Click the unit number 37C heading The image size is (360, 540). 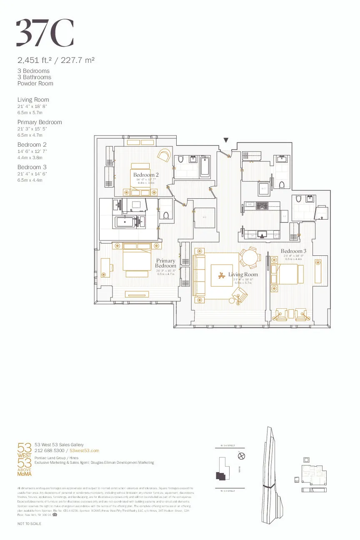coord(45,33)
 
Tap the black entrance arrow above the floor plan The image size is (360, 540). coord(226,140)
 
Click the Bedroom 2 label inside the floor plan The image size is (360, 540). coord(146,175)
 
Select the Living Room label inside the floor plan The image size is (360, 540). coord(243,274)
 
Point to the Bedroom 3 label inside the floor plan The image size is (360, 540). coord(293,251)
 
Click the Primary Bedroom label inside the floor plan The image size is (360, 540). coord(166,263)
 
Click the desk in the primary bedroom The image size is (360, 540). coord(105,267)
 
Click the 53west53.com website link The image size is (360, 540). coord(84,450)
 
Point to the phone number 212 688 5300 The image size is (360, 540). coord(49,450)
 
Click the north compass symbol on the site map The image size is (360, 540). coord(240,456)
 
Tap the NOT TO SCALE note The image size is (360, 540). coord(29,523)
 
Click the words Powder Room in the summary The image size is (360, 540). coord(35,83)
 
